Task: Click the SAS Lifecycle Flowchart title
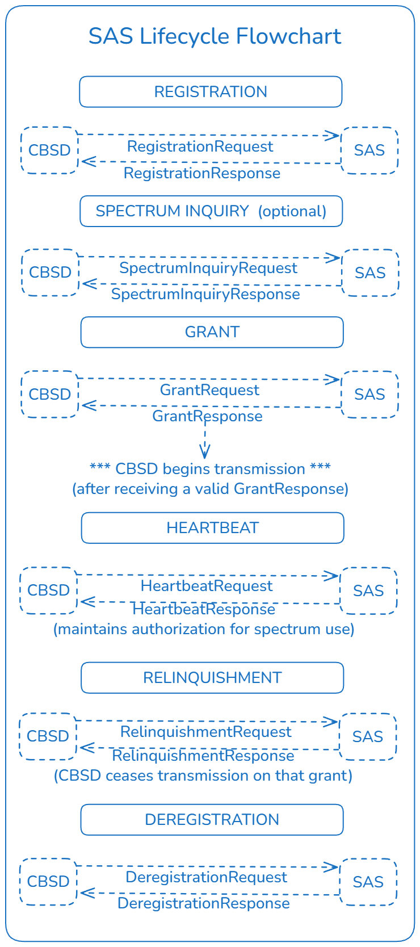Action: coord(215,36)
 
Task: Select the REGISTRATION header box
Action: coord(211,92)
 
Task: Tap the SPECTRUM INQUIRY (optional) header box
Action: coord(211,211)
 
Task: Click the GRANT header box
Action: coord(212,332)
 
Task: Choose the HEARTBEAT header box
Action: coord(213,528)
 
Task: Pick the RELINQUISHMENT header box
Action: coord(212,678)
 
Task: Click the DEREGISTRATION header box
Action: coord(212,820)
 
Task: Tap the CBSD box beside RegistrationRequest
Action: coord(49,150)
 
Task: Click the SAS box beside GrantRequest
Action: coord(369,395)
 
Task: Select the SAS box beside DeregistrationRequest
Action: coord(368,882)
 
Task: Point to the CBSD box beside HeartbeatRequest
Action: coord(48,590)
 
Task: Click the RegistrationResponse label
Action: coord(202,173)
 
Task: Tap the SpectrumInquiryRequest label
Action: coord(208,268)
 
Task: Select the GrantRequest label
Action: coord(209,390)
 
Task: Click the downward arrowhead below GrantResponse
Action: coord(205,452)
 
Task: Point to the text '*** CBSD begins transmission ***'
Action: coord(210,469)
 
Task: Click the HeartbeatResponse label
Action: coord(204,609)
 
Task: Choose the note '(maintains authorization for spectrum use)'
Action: coord(204,629)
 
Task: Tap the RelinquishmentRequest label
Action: coord(206,732)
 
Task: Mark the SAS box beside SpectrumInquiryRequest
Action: coord(370,273)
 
